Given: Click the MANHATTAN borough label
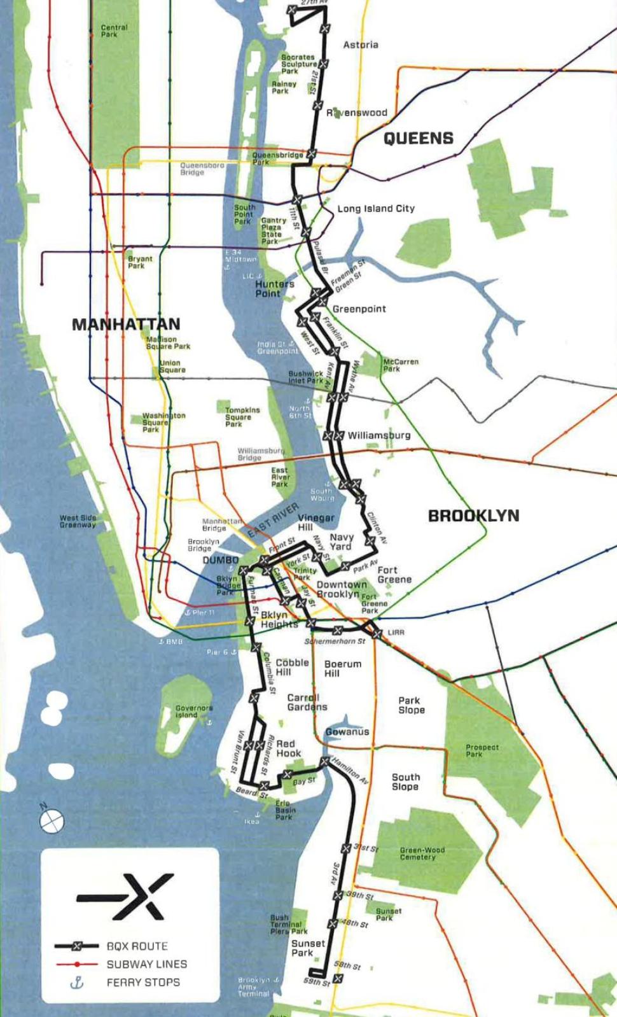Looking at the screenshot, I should tap(126, 324).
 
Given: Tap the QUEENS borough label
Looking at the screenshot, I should tap(418, 138).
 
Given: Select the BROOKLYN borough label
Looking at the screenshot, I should tap(473, 516).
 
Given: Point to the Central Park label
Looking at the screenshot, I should tap(114, 31).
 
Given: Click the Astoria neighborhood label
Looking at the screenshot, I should tap(361, 45).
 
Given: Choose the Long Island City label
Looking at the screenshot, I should tap(375, 208).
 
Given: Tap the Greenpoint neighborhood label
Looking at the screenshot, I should tap(359, 309).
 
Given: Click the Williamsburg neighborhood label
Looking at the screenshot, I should tap(378, 435).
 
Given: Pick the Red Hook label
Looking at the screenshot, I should tap(288, 748).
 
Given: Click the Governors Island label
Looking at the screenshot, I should tap(194, 711).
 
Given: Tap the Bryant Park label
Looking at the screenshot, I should tap(140, 262).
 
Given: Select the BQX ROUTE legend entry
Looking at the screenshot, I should tap(137, 946).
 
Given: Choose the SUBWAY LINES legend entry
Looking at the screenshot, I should tap(146, 964).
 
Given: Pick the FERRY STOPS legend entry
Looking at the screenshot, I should tap(142, 983).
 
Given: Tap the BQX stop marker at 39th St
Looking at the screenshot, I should tap(338, 895).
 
